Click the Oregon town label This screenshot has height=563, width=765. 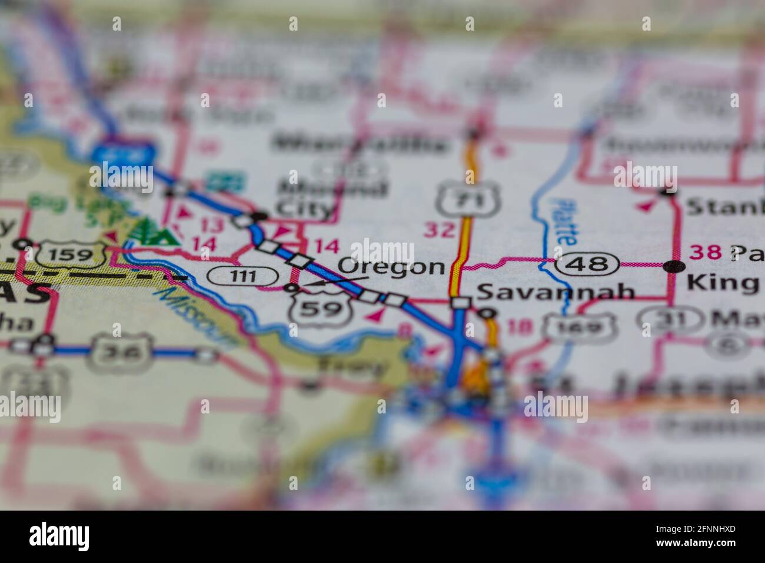click(392, 267)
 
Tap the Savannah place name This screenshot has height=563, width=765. click(556, 292)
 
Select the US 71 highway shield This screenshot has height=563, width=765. click(468, 200)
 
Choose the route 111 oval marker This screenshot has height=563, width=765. click(242, 275)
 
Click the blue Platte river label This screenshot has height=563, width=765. click(561, 221)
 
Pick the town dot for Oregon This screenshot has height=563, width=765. click(291, 288)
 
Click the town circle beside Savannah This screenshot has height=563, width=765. click(486, 314)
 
